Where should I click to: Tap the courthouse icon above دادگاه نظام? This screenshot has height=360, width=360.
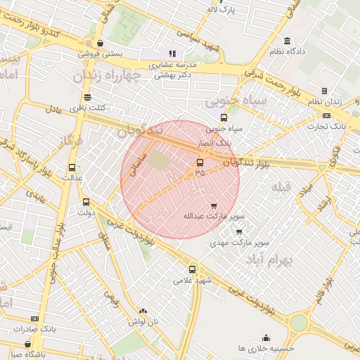click(x=287, y=40)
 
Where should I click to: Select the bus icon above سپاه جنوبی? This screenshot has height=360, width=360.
click(x=224, y=117)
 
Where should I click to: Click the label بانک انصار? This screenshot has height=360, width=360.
click(x=214, y=142)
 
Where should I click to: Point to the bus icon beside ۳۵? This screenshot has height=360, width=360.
click(x=200, y=162)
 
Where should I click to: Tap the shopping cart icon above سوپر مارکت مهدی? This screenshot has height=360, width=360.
click(x=239, y=232)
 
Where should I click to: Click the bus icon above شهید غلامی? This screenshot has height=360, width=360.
click(x=193, y=269)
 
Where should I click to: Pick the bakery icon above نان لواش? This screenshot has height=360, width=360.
click(x=143, y=311)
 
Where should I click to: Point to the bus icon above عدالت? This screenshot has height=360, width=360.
click(x=72, y=167)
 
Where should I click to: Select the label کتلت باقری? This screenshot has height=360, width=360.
click(x=87, y=108)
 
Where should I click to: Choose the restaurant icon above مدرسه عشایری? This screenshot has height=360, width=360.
click(x=172, y=53)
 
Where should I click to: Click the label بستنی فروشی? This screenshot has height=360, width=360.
click(x=100, y=53)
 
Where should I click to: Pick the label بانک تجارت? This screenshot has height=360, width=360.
click(x=328, y=126)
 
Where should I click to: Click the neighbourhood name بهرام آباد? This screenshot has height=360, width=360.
click(x=268, y=260)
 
